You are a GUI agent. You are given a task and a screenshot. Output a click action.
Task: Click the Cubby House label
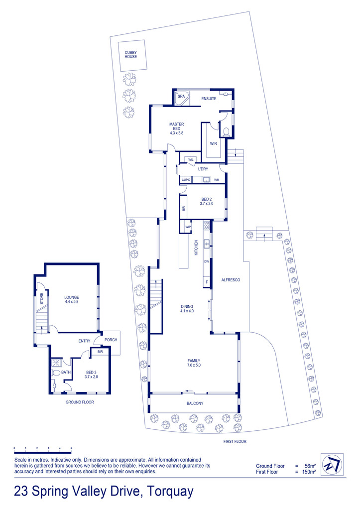click(131, 54)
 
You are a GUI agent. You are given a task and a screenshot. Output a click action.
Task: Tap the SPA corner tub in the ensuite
click(181, 98)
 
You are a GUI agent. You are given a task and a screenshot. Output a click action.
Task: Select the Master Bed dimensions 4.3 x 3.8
click(177, 132)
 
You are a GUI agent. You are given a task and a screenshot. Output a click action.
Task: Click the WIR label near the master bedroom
click(213, 143)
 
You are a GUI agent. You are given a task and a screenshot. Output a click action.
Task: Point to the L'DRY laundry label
click(203, 169)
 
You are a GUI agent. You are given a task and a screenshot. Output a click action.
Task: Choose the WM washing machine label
click(217, 179)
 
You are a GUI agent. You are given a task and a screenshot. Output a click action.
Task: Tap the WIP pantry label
click(188, 227)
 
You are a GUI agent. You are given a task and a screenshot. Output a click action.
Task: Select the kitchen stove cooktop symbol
click(206, 225)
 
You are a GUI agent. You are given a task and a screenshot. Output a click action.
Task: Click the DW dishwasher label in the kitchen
click(207, 261)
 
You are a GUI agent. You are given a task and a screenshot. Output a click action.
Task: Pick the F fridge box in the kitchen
click(207, 282)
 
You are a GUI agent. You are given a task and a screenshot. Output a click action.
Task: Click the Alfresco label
click(231, 280)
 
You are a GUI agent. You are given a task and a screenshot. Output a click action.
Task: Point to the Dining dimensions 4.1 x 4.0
click(187, 311)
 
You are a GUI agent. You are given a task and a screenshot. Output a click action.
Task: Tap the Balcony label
click(195, 403)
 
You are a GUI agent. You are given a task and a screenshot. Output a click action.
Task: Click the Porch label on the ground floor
click(111, 340)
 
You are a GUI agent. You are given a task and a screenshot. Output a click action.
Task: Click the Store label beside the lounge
click(42, 299)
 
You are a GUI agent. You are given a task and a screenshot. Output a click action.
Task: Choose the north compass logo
click(332, 465)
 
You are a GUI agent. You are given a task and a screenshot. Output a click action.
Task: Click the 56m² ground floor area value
click(308, 466)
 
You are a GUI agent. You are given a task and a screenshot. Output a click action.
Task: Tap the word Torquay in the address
click(170, 492)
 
